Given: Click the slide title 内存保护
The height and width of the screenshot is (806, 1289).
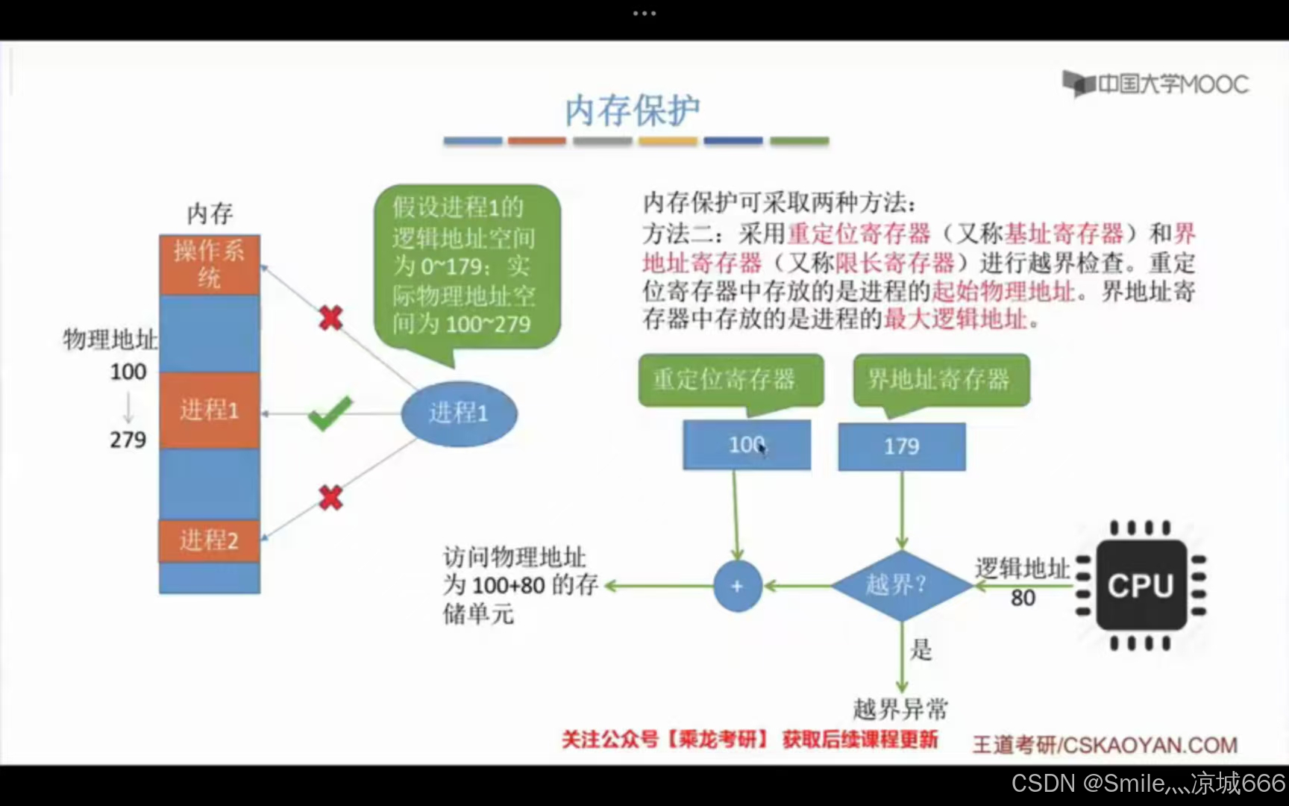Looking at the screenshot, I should [633, 111].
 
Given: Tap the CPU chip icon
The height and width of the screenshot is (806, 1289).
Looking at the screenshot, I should [1141, 586].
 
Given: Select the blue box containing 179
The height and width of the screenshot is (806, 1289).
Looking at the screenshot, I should [902, 446].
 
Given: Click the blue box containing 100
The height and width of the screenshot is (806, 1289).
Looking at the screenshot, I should [746, 445].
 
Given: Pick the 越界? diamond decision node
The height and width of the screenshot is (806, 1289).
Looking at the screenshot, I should [901, 585].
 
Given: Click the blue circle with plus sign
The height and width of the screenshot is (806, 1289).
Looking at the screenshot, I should [737, 586].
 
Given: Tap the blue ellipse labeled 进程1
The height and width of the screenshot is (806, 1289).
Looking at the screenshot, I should [459, 413].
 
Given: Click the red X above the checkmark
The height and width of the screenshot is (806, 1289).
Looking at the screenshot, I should [330, 318].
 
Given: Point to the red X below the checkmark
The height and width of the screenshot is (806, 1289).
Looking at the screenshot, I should [330, 497].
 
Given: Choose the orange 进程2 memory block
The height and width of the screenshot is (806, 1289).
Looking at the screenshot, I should [209, 540].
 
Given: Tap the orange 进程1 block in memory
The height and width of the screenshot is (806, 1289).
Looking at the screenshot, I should [210, 410].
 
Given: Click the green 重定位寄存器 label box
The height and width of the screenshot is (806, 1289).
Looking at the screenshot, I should [730, 380].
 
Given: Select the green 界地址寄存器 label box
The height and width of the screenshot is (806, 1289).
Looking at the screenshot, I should [941, 380].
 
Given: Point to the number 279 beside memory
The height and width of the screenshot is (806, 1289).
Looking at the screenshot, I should [128, 440].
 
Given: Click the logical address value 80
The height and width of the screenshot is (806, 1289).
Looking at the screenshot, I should [1023, 598].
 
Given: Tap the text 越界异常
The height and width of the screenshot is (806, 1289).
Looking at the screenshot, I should [900, 708].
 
